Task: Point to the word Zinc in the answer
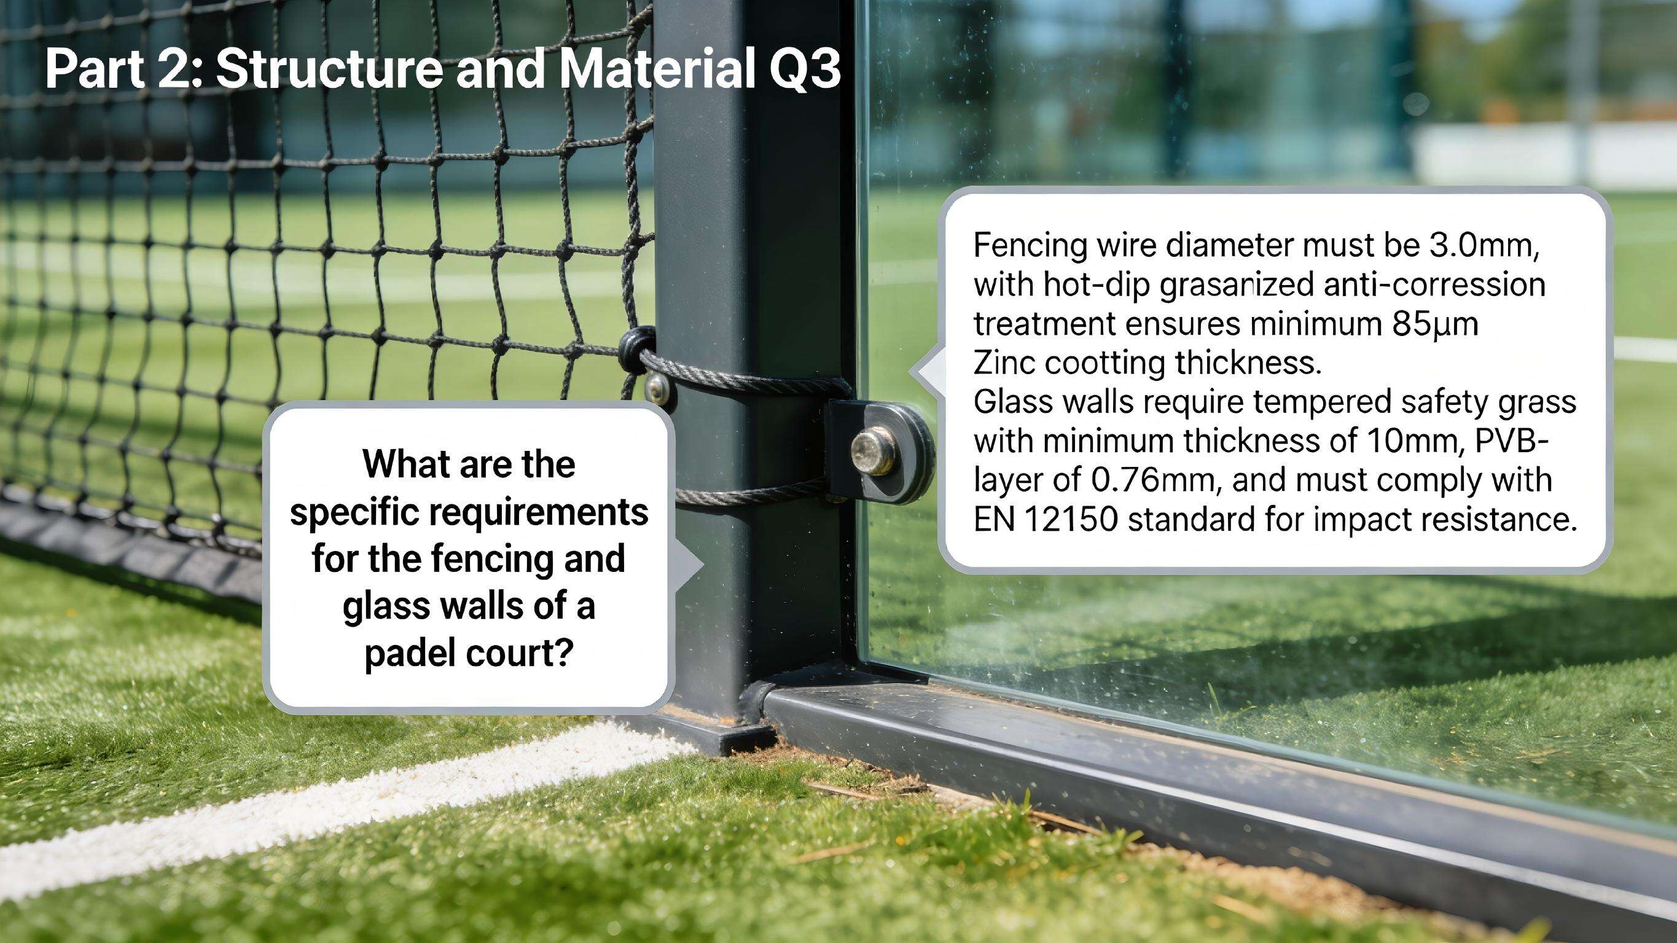click(x=1003, y=362)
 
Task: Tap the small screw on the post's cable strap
click(x=657, y=389)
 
